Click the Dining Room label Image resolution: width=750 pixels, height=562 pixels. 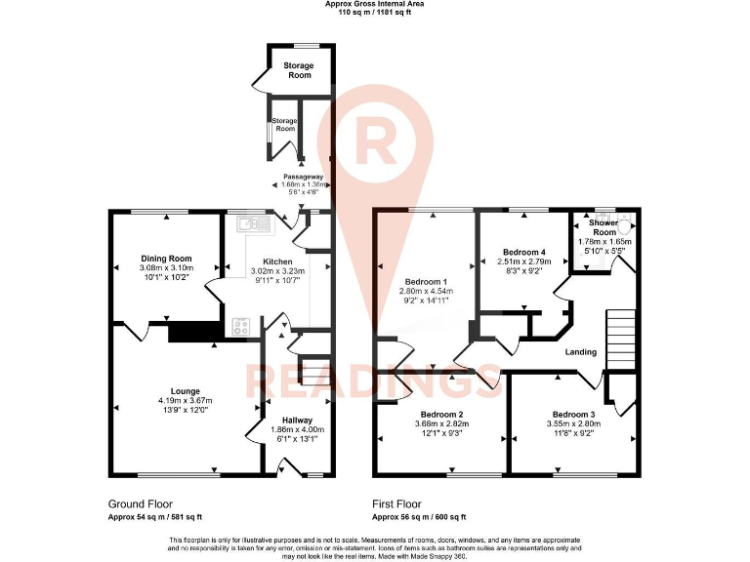[x=166, y=258]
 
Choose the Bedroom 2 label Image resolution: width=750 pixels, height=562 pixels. [x=438, y=415]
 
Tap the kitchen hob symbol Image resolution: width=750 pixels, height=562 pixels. [x=241, y=326]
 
